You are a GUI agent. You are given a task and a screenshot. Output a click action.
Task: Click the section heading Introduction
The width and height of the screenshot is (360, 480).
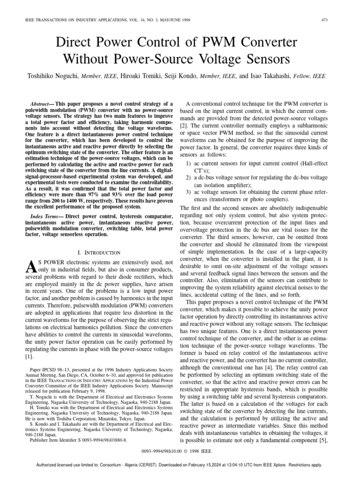click(x=103, y=253)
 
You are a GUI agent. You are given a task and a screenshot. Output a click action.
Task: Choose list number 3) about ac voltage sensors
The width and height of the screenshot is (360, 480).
click(x=188, y=192)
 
